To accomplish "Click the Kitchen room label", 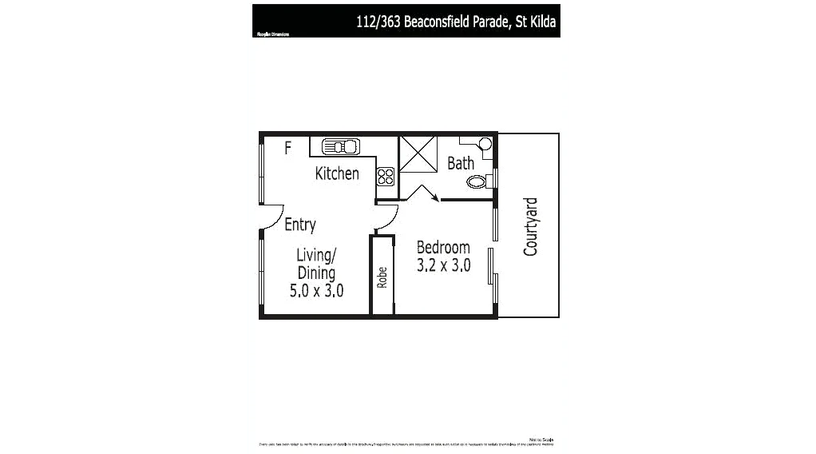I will (337, 173).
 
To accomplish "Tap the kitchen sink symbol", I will (343, 147).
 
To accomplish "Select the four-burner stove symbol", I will (386, 176).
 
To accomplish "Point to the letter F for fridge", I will (288, 147).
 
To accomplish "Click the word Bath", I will (460, 163).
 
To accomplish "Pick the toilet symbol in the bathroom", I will (477, 182).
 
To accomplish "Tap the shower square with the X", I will (418, 153).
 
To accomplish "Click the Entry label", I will (300, 225).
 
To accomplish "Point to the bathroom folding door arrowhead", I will (436, 200).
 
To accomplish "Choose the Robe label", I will (382, 277).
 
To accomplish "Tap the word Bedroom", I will (443, 248).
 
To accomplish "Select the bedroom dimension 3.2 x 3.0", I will (443, 265).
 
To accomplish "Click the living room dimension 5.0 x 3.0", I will (316, 291).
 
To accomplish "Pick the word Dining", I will (316, 273).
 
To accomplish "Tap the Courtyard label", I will (531, 227).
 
